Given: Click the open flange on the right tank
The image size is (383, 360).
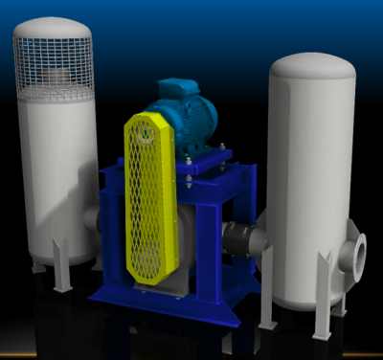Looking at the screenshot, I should (357, 253).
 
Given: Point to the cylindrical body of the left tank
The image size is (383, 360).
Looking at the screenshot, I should (57, 172).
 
